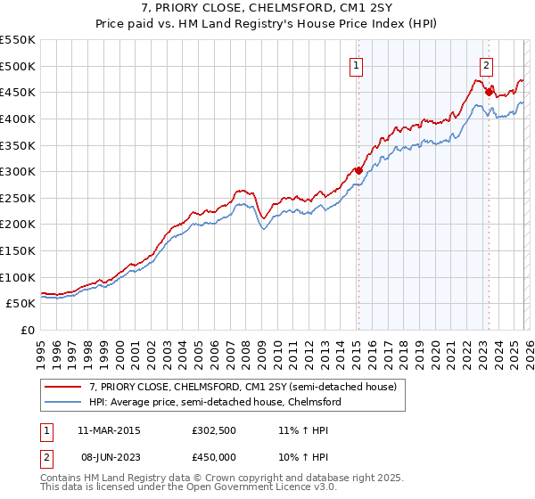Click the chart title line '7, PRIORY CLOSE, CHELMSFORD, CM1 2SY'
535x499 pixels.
pyautogui.click(x=267, y=8)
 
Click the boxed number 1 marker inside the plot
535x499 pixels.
pyautogui.click(x=357, y=64)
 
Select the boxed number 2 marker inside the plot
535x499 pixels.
pyautogui.click(x=487, y=64)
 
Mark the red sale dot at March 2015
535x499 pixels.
pyautogui.click(x=358, y=170)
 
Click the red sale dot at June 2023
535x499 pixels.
pyautogui.click(x=489, y=92)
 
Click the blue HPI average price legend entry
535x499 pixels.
pyautogui.click(x=215, y=402)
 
